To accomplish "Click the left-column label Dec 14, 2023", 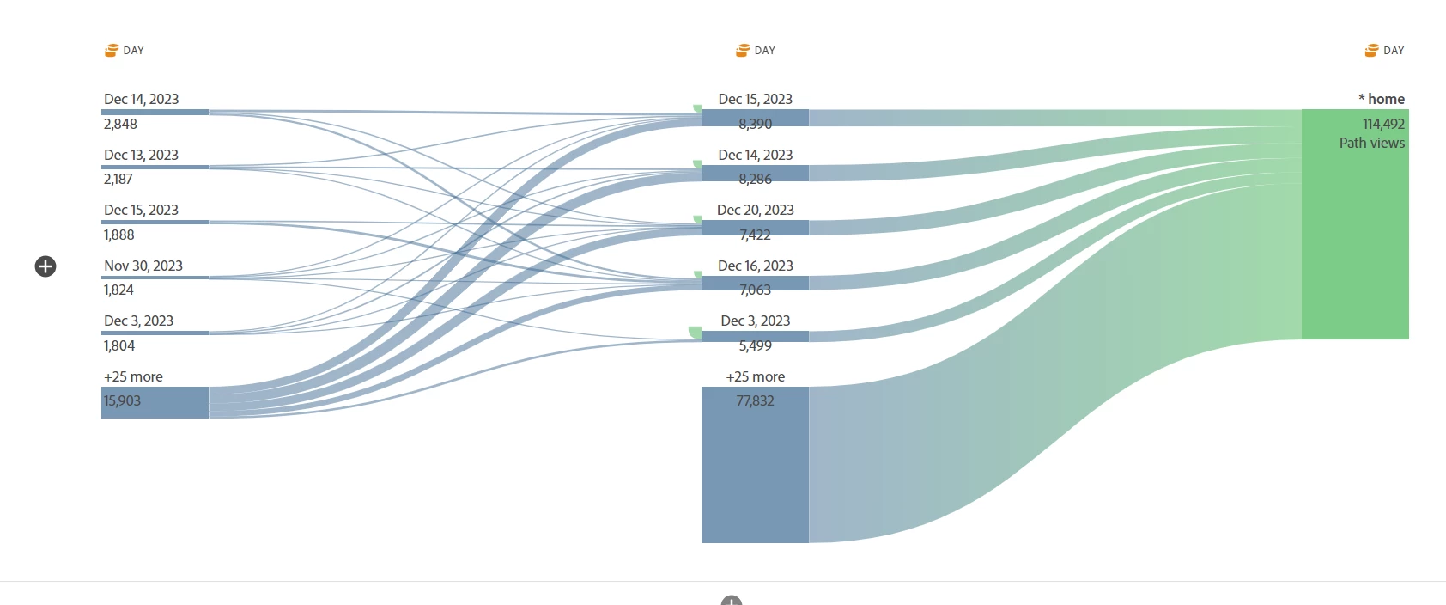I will click(x=141, y=99).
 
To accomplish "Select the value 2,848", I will click(x=120, y=124).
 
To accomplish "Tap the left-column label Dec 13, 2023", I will click(x=141, y=155).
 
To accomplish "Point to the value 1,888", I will click(x=118, y=235).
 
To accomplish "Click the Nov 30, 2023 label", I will click(x=143, y=266).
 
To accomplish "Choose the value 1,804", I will click(x=118, y=345).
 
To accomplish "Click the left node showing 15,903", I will click(x=155, y=402).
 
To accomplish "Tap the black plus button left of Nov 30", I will click(x=46, y=266).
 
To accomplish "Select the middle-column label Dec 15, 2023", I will click(x=755, y=99).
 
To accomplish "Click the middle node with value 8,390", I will click(x=755, y=119).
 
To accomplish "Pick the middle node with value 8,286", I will click(x=755, y=174).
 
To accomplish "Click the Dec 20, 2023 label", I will click(x=755, y=210).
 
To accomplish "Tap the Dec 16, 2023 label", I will click(x=755, y=266).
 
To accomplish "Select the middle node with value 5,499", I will click(x=755, y=337).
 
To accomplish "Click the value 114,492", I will click(x=1383, y=124).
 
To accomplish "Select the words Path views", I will click(x=1371, y=143).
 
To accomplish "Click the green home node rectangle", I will click(x=1355, y=249).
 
